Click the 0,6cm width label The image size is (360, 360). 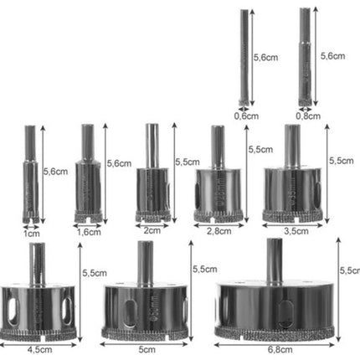pyautogui.click(x=246, y=116)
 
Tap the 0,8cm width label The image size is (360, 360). pyautogui.click(x=306, y=116)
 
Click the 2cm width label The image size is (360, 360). pyautogui.click(x=152, y=230)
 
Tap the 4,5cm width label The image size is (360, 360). pyautogui.click(x=36, y=352)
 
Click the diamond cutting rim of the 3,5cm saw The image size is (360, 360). pyautogui.click(x=291, y=215)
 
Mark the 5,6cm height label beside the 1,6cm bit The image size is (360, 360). pyautogui.click(x=119, y=164)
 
